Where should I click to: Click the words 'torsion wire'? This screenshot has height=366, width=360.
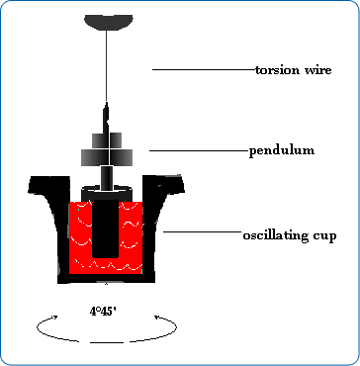point(299,70)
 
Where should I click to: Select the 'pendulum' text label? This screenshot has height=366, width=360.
point(281,150)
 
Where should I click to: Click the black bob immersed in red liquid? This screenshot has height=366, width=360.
point(107,228)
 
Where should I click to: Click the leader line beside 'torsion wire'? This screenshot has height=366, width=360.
point(203,69)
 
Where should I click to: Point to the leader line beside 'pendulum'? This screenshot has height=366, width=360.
point(198,149)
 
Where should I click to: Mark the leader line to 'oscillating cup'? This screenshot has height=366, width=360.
point(203,232)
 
